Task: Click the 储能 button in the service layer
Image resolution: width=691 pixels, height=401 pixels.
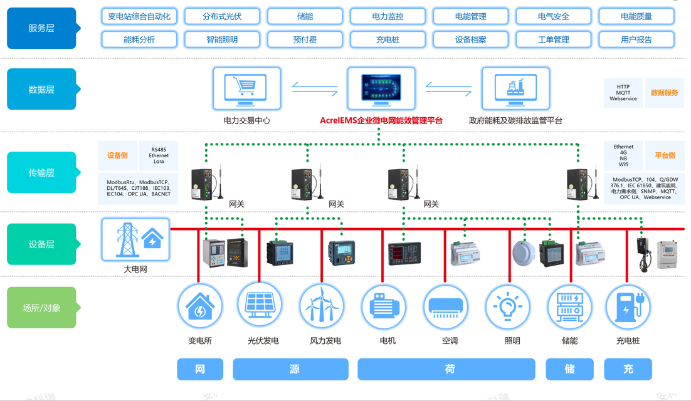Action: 305,16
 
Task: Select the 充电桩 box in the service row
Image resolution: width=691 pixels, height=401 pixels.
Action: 388,39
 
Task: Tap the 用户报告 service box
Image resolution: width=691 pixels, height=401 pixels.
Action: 636,39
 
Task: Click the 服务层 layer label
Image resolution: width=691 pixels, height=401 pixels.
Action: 41,28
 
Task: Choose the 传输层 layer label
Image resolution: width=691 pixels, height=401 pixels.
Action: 41,172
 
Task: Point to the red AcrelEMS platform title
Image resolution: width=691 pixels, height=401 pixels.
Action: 381,120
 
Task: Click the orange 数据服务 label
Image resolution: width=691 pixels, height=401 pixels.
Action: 664,93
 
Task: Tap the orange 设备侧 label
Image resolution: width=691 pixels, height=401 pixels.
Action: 117,155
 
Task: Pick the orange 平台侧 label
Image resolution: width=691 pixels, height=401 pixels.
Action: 665,155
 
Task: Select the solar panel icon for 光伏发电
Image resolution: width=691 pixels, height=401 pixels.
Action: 260,306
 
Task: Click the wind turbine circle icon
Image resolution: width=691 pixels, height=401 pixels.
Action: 322,306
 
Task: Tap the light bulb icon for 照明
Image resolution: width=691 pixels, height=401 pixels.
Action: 508,306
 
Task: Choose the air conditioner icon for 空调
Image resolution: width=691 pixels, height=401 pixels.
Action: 446,306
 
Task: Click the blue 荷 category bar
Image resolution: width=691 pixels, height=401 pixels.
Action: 446,369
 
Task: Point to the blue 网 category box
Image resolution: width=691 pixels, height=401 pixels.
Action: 200,369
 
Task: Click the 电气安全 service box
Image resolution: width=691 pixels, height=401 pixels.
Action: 553,16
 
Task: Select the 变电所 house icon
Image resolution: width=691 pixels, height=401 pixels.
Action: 200,306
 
